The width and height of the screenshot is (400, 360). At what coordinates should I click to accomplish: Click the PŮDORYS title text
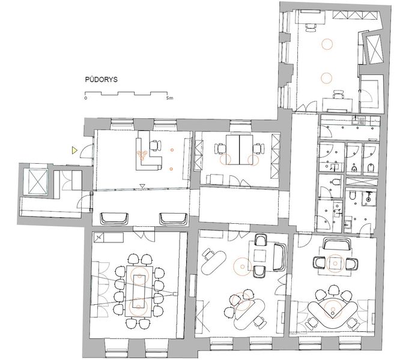pos(102,79)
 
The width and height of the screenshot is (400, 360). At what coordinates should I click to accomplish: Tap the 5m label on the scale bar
pos(169,98)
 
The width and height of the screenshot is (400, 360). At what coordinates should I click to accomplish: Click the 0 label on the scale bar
pos(86,98)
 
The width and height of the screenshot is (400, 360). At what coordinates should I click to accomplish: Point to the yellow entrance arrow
pos(74,151)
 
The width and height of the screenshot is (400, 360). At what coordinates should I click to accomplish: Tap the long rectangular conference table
pos(139,291)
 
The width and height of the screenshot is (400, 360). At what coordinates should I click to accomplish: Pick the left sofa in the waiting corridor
pos(114,219)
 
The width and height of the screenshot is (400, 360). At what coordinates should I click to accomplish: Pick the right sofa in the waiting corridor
pos(174,219)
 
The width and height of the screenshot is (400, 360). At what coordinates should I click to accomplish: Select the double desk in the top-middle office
pos(239,150)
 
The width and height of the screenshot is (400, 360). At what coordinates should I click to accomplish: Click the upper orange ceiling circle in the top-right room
pos(327,44)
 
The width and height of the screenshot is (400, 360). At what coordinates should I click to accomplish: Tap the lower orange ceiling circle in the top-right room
pos(327,78)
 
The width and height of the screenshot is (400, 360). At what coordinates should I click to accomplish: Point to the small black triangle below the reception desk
pos(142,186)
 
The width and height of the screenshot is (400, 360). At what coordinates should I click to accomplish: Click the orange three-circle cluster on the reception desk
pos(142,155)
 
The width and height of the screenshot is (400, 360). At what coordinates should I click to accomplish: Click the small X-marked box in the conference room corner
pos(98,238)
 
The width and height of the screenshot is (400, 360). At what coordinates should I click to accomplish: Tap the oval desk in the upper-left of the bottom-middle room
pos(214,262)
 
